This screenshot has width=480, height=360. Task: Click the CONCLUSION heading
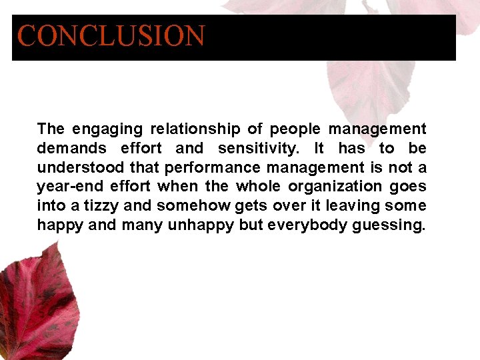[111, 36]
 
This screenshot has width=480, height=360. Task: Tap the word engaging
[107, 129]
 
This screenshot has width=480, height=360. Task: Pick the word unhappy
[201, 225]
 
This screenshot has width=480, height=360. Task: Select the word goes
[408, 187]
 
